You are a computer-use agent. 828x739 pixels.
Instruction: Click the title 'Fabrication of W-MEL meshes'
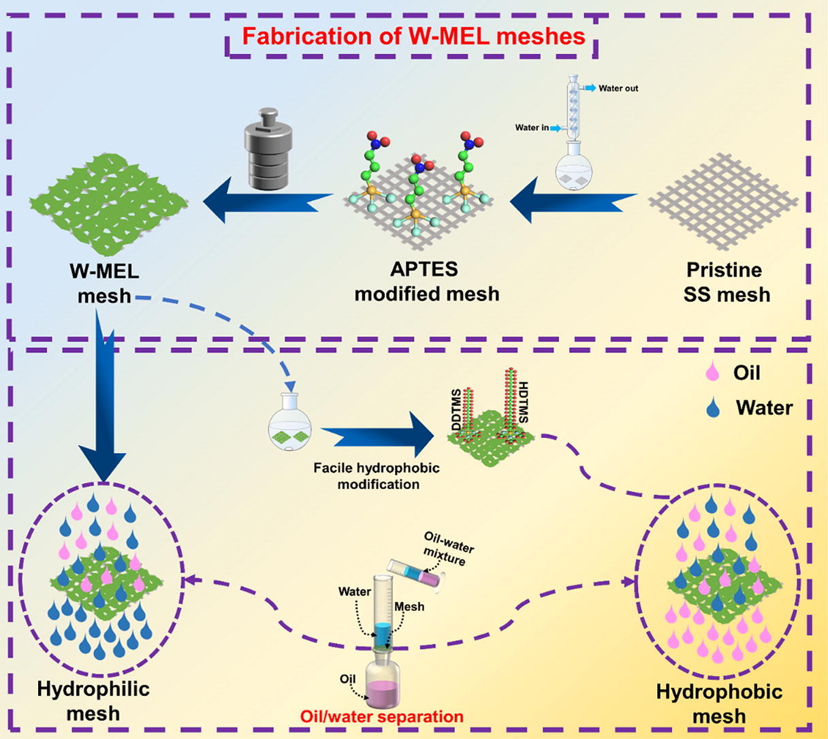413,36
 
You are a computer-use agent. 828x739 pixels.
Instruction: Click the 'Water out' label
618,89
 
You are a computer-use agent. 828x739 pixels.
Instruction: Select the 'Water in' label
532,127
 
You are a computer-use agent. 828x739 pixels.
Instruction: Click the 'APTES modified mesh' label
427,281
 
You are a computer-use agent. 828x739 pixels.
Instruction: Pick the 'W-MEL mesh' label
104,283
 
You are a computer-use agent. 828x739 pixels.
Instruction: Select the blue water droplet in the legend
713,407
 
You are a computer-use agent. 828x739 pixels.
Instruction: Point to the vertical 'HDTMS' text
523,402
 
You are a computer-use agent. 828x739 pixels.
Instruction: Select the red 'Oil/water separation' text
382,717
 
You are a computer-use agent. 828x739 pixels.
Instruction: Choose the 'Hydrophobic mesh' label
719,704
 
